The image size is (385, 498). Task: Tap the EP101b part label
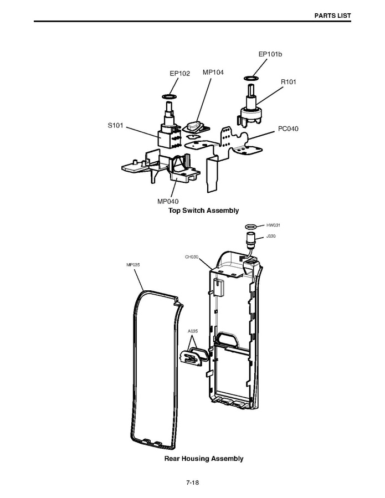270,54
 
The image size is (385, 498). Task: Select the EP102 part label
179,73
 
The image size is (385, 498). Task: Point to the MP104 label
213,72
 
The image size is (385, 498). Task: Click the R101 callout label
288,82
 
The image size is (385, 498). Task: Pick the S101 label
115,126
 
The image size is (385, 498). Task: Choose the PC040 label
288,129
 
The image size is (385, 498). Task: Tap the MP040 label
168,201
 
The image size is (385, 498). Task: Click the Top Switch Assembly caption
203,211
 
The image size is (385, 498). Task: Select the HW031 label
274,225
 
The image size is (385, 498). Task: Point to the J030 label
271,236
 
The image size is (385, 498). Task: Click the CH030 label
192,257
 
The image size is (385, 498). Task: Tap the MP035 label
133,265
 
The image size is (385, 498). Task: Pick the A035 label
193,331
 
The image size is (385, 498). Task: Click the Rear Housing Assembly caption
203,459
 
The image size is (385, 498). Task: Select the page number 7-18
192,482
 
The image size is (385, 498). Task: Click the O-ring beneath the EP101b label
251,78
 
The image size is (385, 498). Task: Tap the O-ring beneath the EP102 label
170,97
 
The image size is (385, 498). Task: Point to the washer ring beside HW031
250,226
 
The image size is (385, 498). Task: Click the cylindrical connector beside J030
250,240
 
